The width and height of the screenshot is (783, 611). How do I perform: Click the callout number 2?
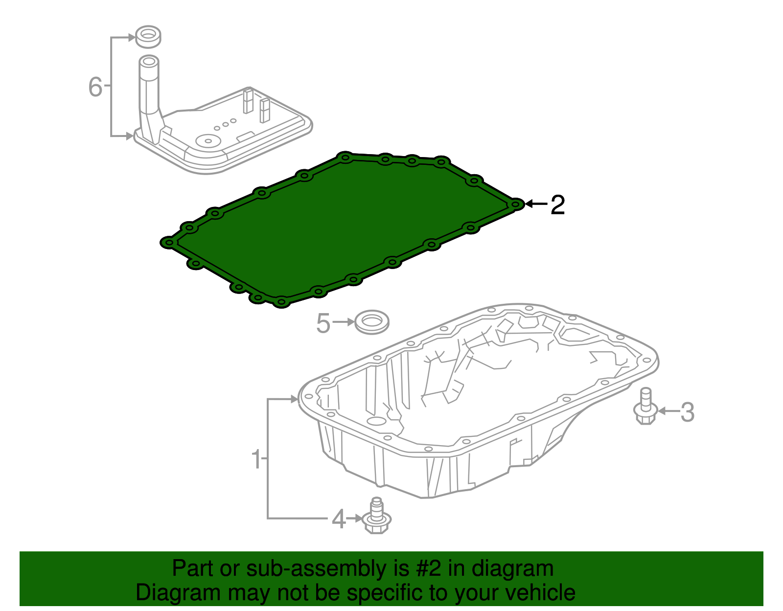click(x=558, y=204)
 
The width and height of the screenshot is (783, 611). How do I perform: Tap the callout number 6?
click(x=95, y=87)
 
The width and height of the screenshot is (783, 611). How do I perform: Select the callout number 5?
click(x=323, y=323)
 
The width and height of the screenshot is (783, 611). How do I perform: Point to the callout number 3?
click(x=687, y=412)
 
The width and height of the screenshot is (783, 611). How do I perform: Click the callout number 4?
click(x=338, y=519)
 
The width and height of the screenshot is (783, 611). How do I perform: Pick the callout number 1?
click(x=256, y=459)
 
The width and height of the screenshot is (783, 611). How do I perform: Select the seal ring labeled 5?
click(x=371, y=322)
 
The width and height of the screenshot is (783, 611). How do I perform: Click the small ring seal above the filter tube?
click(x=148, y=37)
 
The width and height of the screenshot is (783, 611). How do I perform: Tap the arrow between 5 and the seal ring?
click(x=345, y=322)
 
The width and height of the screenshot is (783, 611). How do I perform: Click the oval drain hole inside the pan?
click(x=376, y=421)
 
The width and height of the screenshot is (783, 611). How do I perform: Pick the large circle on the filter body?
click(x=208, y=141)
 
